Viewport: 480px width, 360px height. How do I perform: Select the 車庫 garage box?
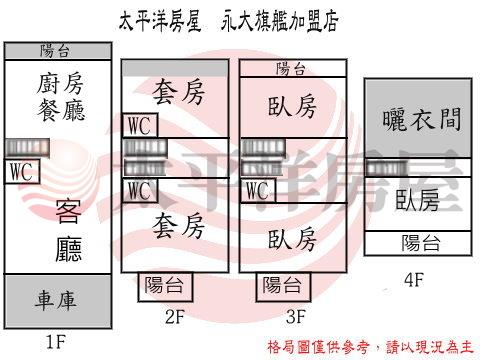point(57,300)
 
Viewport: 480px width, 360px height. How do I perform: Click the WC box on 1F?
point(22,172)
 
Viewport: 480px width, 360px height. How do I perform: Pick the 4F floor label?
point(416,280)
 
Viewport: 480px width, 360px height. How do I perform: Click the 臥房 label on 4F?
point(417,199)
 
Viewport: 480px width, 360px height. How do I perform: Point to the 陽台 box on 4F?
point(418,243)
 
